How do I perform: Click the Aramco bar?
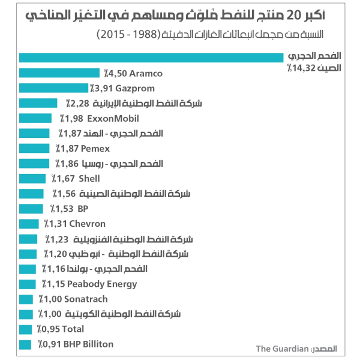[x=59, y=73]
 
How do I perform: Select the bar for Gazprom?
[x=53, y=88]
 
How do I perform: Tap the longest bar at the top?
[x=151, y=58]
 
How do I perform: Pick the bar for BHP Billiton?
[x=25, y=344]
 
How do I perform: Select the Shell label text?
[x=89, y=178]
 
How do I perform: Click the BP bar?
[x=31, y=209]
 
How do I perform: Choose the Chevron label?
[x=87, y=224]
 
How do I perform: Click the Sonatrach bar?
[x=26, y=299]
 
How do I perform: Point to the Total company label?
[x=71, y=329]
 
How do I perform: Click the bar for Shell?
[x=32, y=178]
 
